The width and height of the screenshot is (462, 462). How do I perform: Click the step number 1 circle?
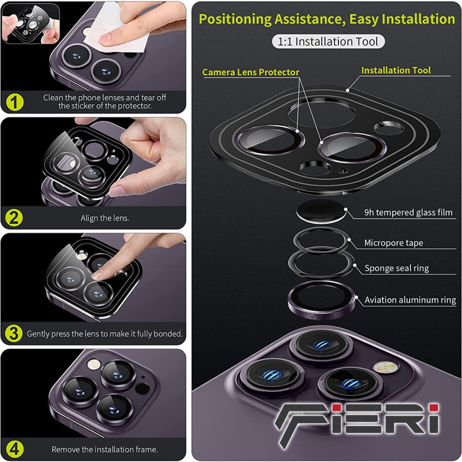pyautogui.click(x=15, y=102)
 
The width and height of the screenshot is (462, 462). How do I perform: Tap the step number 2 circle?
pyautogui.click(x=14, y=218)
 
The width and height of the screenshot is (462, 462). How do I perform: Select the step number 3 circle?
pyautogui.click(x=13, y=334)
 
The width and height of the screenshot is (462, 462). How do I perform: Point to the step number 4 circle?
pyautogui.click(x=14, y=450)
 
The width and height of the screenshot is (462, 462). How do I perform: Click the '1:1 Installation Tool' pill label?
pyautogui.click(x=328, y=42)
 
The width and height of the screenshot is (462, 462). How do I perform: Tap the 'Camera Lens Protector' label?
pyautogui.click(x=251, y=72)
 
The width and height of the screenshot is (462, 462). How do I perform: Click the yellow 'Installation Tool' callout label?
pyautogui.click(x=396, y=70)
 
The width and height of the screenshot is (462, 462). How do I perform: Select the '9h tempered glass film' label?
pyautogui.click(x=409, y=213)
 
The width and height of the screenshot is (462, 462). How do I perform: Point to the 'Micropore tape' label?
pyautogui.click(x=394, y=243)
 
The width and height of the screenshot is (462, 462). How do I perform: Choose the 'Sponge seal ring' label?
pyautogui.click(x=397, y=268)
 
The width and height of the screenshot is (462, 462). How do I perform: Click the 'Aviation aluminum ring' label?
pyautogui.click(x=410, y=300)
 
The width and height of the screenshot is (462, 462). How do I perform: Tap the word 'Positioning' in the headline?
pyautogui.click(x=235, y=19)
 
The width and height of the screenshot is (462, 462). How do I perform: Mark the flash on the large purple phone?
pyautogui.click(x=386, y=367)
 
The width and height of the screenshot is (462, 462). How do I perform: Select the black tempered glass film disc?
pyautogui.click(x=321, y=211)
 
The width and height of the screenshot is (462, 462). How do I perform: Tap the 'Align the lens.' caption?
pyautogui.click(x=105, y=218)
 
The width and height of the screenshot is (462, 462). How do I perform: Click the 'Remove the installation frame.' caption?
pyautogui.click(x=105, y=449)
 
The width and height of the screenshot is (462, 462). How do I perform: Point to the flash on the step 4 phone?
pyautogui.click(x=94, y=364)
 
